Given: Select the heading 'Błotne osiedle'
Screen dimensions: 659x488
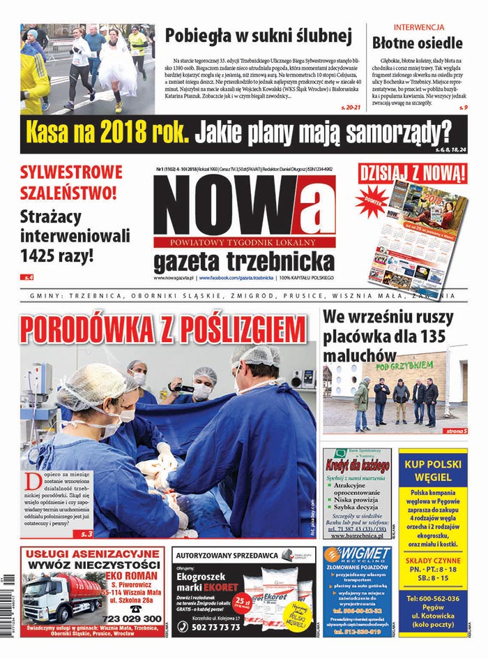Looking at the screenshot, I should (417, 43).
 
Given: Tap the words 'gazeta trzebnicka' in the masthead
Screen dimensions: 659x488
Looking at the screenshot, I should (244, 262).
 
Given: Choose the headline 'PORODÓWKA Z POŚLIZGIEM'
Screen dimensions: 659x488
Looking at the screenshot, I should (163, 329).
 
